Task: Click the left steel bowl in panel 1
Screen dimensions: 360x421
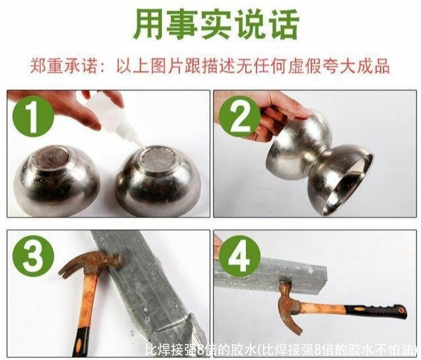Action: (57, 180)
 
